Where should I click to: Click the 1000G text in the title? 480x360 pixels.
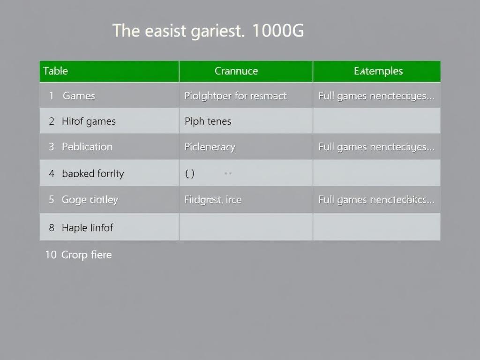[x=278, y=31]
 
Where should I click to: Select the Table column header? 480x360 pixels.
[x=55, y=71]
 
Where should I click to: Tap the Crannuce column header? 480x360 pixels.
[x=236, y=71]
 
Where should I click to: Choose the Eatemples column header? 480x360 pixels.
[x=378, y=71]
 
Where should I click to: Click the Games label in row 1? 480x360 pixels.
[x=79, y=96]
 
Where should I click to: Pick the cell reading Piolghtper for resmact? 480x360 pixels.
[x=235, y=96]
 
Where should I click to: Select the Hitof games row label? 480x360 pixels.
[x=89, y=121]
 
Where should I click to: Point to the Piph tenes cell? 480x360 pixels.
[x=208, y=121]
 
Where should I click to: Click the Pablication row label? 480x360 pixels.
[x=87, y=147]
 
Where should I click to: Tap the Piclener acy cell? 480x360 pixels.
[x=210, y=147]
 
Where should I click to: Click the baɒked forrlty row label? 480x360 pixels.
[x=93, y=173]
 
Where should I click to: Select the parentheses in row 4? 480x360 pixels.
[x=189, y=173]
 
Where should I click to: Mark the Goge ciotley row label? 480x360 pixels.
[x=90, y=200]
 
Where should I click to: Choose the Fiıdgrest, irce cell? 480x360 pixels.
[x=213, y=200]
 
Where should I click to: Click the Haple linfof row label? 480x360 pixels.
[x=87, y=228]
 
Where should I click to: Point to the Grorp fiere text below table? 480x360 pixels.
[x=87, y=255]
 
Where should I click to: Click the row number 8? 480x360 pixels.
[x=52, y=228]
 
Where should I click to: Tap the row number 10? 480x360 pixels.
[x=51, y=255]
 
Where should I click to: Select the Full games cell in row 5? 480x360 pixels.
[x=376, y=200]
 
